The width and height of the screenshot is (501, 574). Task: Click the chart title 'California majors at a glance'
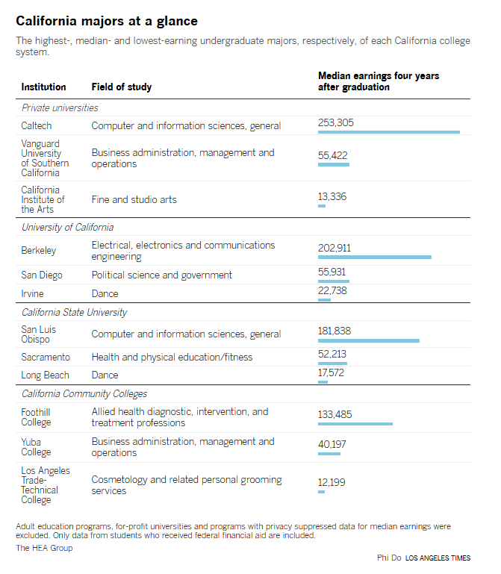(107, 21)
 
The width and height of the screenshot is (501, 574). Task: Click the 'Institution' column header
(43, 87)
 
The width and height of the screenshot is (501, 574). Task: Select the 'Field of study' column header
(122, 87)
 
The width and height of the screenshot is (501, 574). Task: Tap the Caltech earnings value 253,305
(336, 122)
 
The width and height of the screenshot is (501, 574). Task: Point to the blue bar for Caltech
(389, 132)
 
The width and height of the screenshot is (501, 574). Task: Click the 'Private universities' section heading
(60, 108)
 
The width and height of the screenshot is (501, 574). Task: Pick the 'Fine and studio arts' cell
(134, 199)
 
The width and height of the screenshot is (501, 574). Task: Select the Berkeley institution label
(39, 250)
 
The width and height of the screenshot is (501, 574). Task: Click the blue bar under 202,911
(375, 258)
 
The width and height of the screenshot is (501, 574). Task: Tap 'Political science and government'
(162, 275)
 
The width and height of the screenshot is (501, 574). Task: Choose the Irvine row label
(32, 293)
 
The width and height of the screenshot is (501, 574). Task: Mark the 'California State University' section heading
(75, 312)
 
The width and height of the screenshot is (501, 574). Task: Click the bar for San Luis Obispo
(369, 341)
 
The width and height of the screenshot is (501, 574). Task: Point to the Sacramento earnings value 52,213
(332, 354)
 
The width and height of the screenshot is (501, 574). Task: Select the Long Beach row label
(45, 375)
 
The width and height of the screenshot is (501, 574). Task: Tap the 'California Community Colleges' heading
(84, 394)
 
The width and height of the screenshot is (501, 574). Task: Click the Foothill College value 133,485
(334, 414)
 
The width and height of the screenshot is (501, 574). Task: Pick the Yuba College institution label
(36, 447)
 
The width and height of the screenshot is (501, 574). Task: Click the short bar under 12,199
(321, 492)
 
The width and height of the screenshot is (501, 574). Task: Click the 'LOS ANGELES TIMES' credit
(438, 558)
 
